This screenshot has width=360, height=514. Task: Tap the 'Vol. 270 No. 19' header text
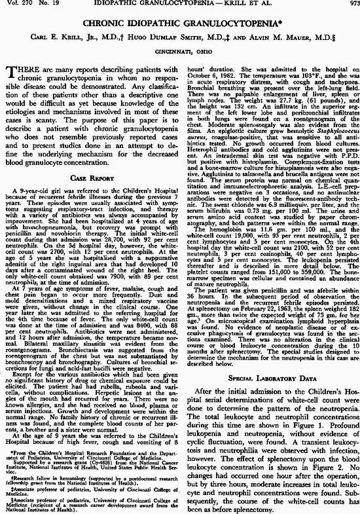pos(29,5)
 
